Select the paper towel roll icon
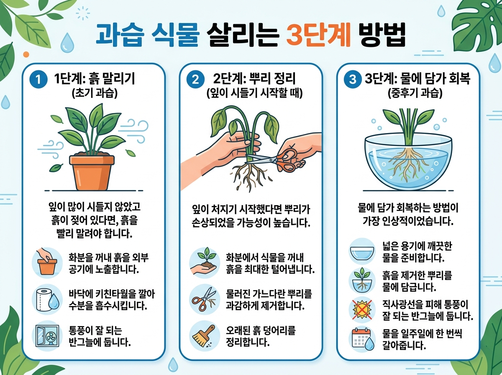[46, 299]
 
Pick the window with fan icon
[46, 336]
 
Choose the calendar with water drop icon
[361, 339]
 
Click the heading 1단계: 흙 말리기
[95, 79]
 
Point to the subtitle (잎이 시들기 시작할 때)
[255, 93]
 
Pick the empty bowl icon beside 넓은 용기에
[362, 252]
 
